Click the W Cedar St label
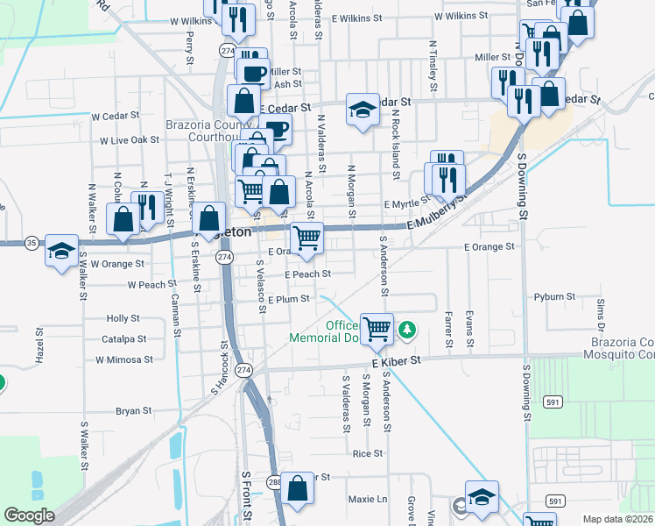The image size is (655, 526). click(x=116, y=115)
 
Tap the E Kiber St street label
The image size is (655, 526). click(x=396, y=360)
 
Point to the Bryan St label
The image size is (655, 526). click(x=134, y=410)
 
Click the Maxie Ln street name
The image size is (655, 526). click(x=368, y=499)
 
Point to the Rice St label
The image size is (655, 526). click(x=368, y=453)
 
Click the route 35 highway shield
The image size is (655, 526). click(x=32, y=243)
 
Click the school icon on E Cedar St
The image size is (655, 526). click(x=361, y=110)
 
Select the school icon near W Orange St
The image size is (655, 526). click(x=61, y=251)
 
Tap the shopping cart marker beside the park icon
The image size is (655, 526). click(x=377, y=330)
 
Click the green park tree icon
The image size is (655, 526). click(x=406, y=330)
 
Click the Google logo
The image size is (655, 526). click(x=29, y=515)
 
